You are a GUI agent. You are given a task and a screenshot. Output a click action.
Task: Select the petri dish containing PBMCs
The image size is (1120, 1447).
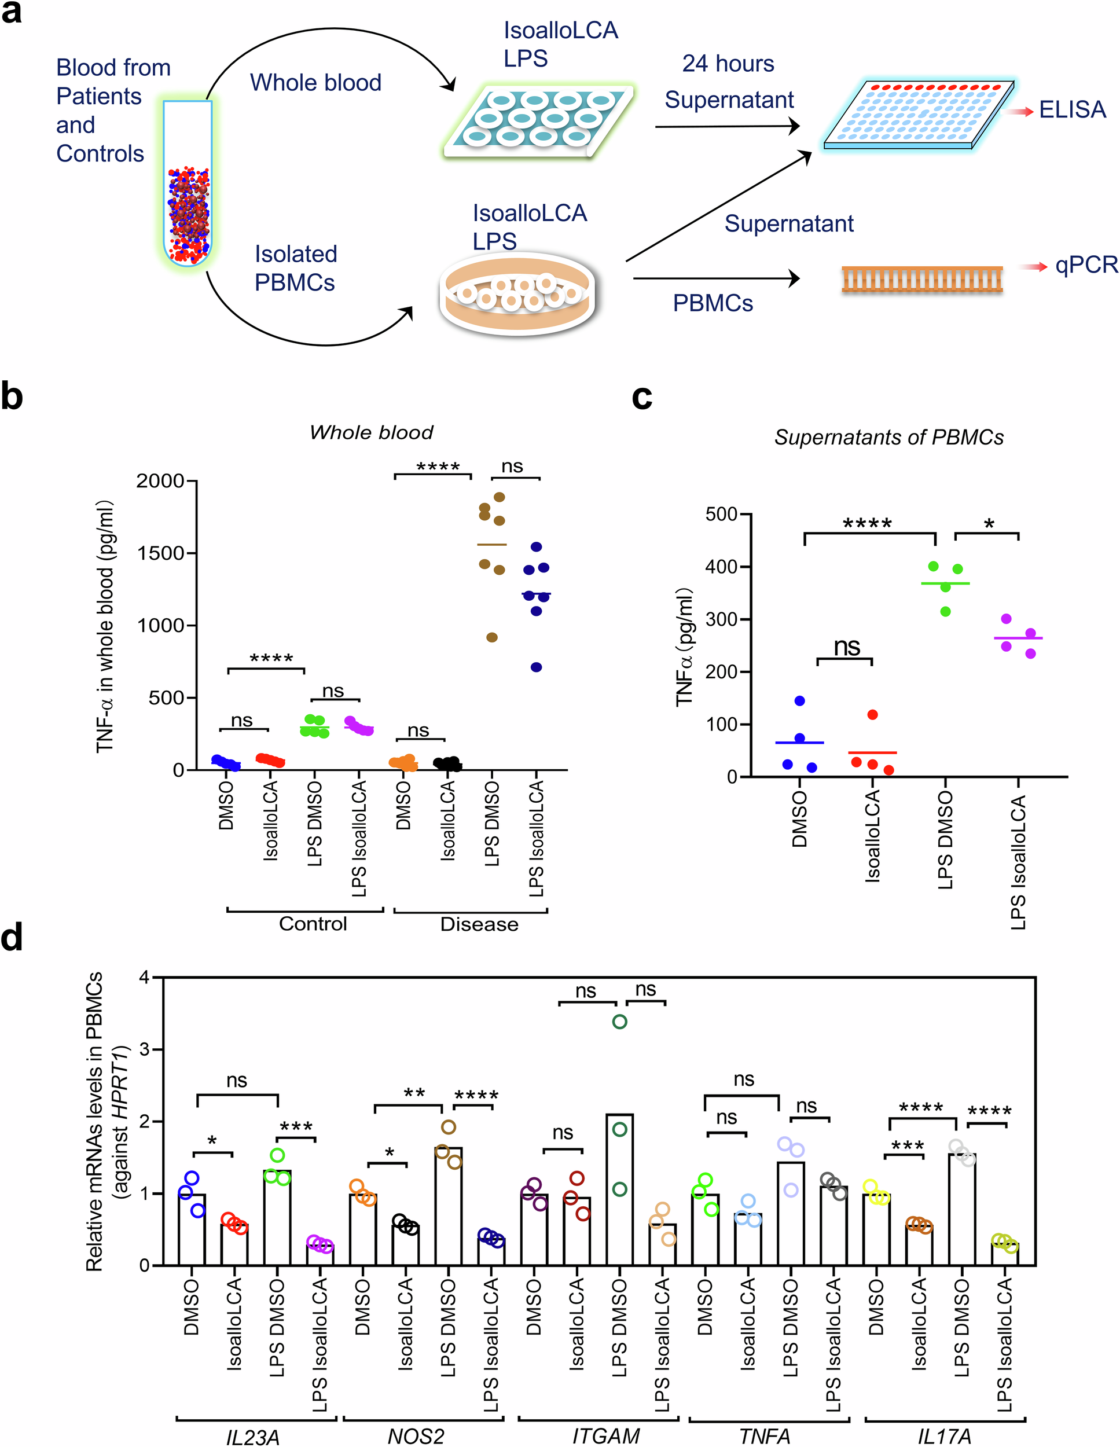coord(517,294)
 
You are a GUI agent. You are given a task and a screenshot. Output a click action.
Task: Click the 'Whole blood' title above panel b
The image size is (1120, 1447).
coord(371,432)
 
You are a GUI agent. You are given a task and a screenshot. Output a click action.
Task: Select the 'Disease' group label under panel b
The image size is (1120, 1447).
coord(479,924)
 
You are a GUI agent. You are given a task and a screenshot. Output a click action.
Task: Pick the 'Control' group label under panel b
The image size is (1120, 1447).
coord(313,924)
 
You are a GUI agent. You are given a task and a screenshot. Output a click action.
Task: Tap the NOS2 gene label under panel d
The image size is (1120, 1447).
coord(416,1437)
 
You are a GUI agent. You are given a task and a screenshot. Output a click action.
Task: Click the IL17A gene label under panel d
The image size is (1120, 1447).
coord(945,1437)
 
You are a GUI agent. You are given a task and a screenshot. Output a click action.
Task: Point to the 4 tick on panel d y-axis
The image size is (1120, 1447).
coord(144,977)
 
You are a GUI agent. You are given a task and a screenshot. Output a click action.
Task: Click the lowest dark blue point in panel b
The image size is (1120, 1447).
coord(536,667)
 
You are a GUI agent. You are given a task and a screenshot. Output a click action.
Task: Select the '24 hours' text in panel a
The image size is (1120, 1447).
coord(728,64)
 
